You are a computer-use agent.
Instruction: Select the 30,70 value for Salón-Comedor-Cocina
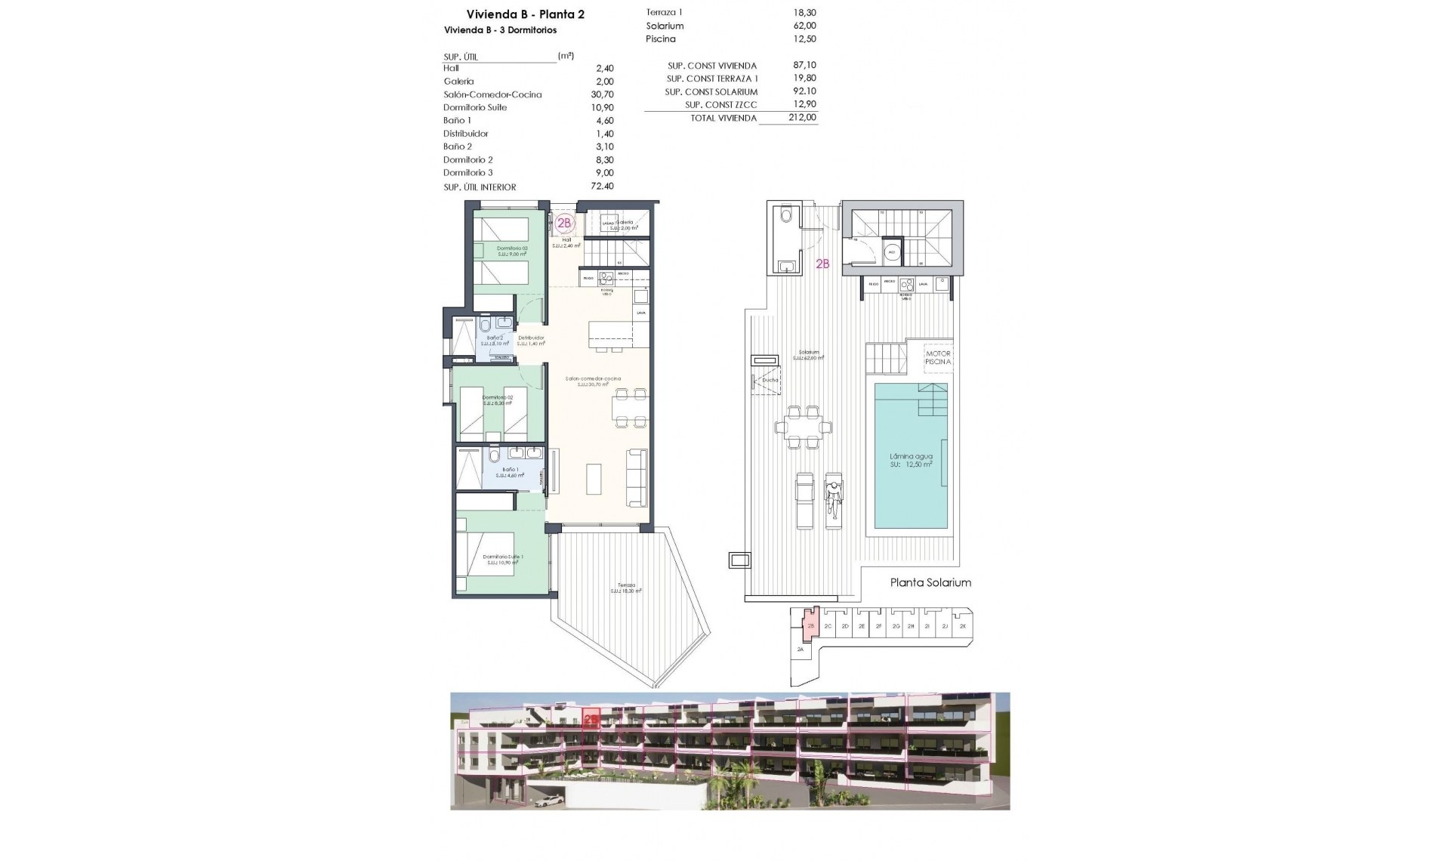tap(602, 94)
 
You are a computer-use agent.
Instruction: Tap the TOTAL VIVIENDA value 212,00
tap(801, 118)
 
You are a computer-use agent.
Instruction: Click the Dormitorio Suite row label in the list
tap(475, 107)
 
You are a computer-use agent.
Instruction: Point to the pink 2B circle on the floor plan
tap(564, 223)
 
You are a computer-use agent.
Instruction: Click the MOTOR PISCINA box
tap(938, 358)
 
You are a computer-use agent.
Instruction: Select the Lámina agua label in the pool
tap(911, 456)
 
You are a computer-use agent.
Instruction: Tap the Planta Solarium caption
tap(930, 582)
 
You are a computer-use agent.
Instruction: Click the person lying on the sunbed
tap(834, 498)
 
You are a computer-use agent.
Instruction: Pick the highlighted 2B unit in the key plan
tap(810, 626)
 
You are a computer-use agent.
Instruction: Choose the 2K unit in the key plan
tap(963, 626)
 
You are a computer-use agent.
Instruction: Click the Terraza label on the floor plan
tap(626, 585)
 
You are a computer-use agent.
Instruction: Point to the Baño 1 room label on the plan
tap(509, 470)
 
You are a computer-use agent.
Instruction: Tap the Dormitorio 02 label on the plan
tap(498, 397)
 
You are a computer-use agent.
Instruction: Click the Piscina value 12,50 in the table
tap(806, 39)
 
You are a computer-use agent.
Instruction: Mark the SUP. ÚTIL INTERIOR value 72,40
tap(602, 187)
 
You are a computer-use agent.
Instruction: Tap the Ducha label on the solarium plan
tap(770, 380)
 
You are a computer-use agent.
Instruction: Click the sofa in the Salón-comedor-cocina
tap(637, 477)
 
